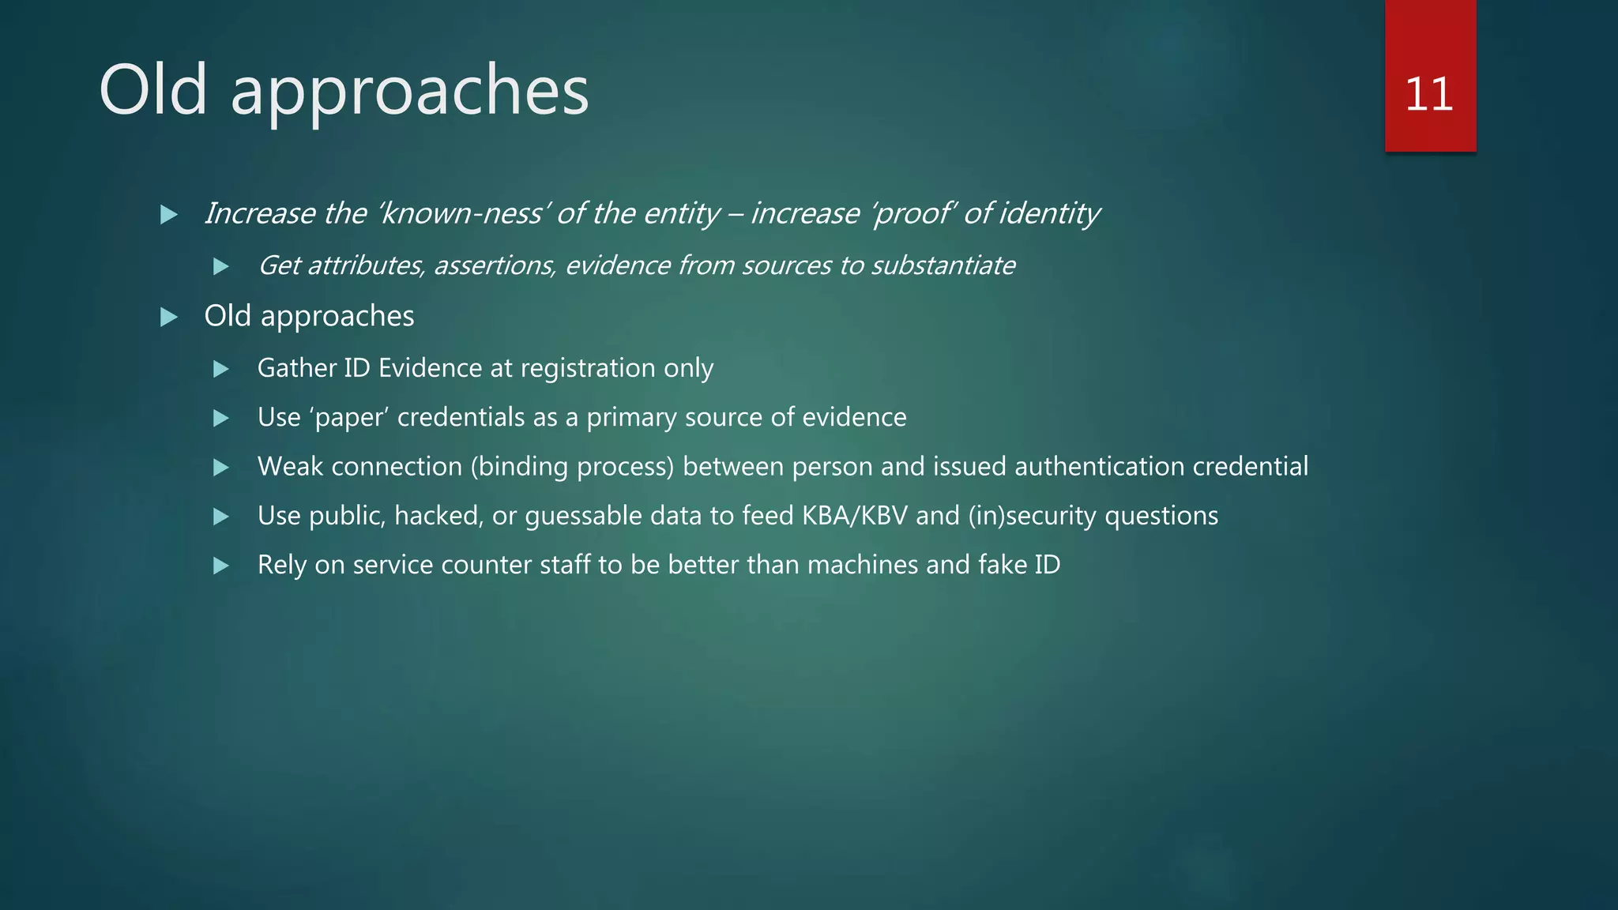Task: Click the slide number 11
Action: [1429, 94]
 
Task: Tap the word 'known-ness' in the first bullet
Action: [462, 213]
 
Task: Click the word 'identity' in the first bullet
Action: [1048, 213]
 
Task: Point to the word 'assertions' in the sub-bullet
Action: [495, 265]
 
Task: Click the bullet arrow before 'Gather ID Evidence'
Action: [221, 369]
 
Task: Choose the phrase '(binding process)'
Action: [573, 467]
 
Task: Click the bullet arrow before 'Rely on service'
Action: [221, 566]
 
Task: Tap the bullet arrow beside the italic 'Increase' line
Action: [168, 214]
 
